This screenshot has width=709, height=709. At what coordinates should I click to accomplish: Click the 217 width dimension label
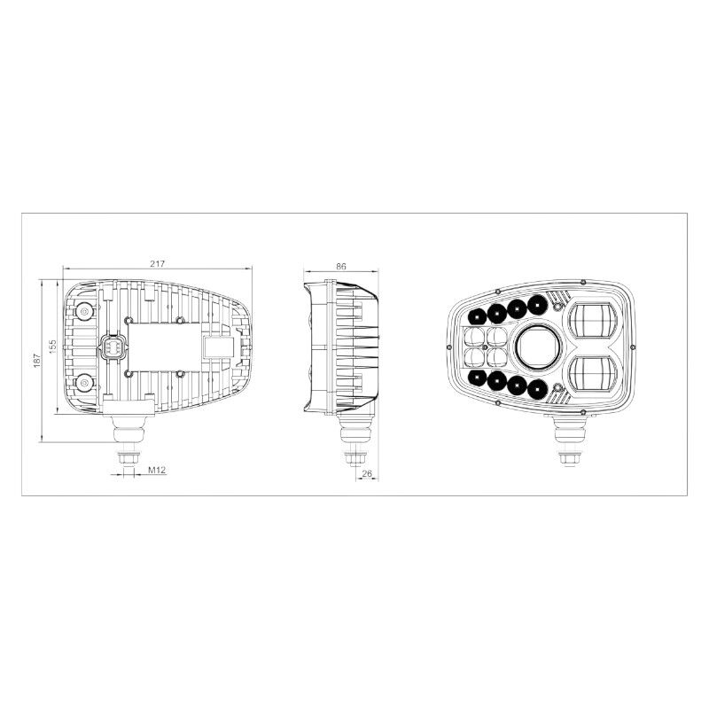pos(158,263)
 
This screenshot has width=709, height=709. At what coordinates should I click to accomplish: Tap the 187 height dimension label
pos(37,360)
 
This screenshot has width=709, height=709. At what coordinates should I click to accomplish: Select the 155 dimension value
pos(53,347)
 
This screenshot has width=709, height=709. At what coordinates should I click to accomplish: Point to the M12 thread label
pos(158,470)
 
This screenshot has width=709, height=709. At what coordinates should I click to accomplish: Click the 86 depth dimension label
pos(341,267)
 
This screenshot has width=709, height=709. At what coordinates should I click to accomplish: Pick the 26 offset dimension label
pos(367,473)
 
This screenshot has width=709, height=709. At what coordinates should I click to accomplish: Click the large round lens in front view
pos(538,347)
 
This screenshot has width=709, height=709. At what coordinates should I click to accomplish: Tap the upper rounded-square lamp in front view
pos(592,320)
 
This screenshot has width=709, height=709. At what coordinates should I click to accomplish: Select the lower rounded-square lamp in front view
pos(592,373)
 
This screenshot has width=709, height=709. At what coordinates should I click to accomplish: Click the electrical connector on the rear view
pos(111,347)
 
